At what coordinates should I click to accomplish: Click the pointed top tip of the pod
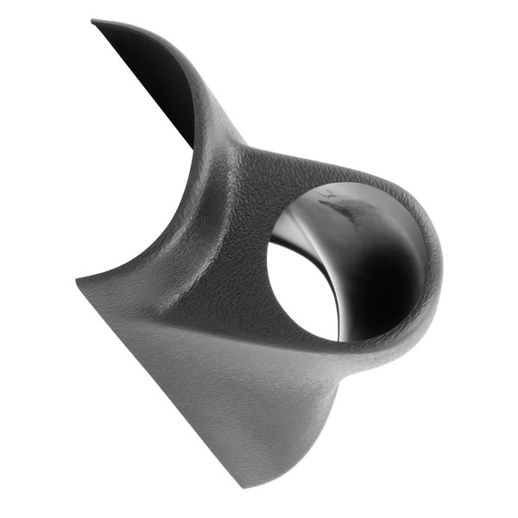pos(93,22)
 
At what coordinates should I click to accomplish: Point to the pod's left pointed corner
pos(79,281)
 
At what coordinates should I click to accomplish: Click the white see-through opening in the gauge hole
pos(298,289)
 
